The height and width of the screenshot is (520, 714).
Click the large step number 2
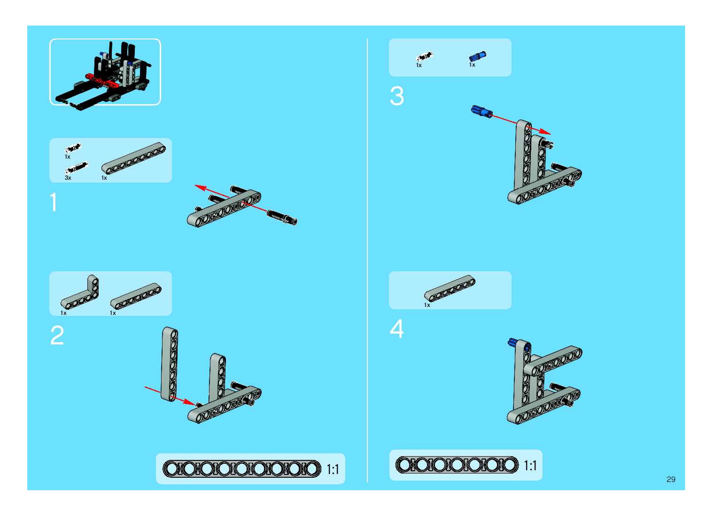coord(57,336)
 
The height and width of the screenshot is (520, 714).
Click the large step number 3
coord(397,96)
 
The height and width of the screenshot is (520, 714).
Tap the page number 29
coord(671,479)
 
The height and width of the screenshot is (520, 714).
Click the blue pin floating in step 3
coord(481,112)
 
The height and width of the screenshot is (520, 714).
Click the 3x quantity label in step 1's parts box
coord(68,178)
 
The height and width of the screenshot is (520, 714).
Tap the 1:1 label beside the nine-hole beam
coord(333,469)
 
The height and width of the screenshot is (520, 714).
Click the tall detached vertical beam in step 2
coord(170,364)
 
